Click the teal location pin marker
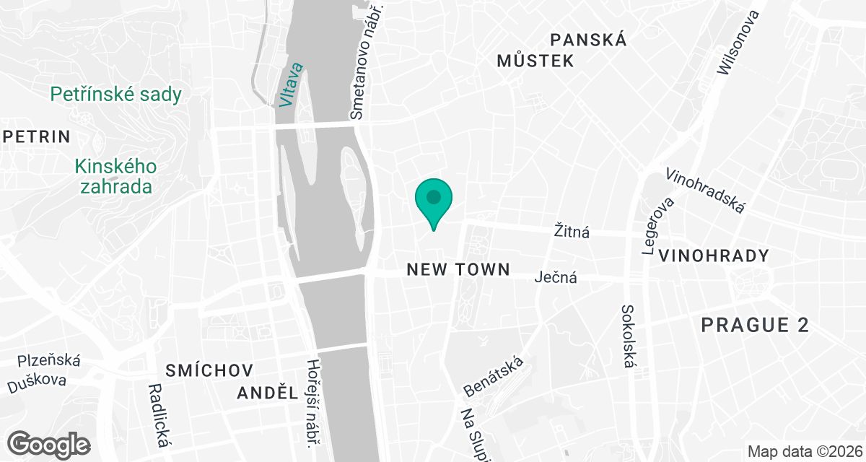coord(433,199)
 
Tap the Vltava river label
coord(292,86)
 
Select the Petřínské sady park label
coord(115,94)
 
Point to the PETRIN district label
coord(36,136)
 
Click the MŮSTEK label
coord(535,61)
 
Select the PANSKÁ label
coord(588,40)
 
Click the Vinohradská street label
coord(706,191)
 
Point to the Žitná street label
coord(572,232)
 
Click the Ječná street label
coord(556,276)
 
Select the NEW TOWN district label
coord(458,270)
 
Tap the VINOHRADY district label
coord(713,256)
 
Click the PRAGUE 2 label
coord(755,326)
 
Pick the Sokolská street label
coord(628,336)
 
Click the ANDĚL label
coord(268,393)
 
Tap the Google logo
coord(50,443)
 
